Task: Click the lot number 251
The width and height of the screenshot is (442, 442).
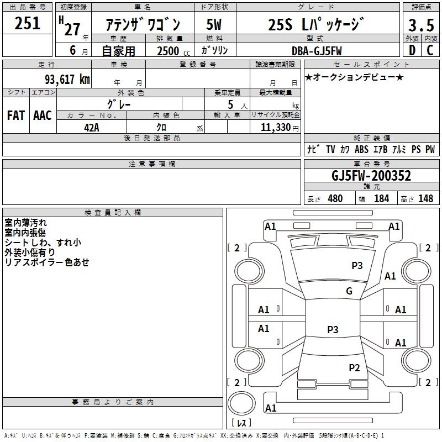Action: [x=27, y=23]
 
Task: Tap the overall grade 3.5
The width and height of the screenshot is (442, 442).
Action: [x=421, y=25]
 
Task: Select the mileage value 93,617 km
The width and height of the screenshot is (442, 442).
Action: [x=67, y=79]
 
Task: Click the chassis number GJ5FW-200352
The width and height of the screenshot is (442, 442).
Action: [x=371, y=175]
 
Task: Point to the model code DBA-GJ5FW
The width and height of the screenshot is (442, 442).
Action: [x=317, y=51]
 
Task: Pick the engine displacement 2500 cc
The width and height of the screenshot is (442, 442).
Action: [x=173, y=51]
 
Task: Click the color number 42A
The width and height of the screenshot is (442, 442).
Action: [x=92, y=128]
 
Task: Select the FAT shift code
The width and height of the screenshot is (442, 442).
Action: [x=16, y=115]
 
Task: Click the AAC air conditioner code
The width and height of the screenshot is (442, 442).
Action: [x=43, y=115]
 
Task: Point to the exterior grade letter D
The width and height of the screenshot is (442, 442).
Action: [x=412, y=50]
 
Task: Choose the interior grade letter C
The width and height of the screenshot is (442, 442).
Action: [x=430, y=50]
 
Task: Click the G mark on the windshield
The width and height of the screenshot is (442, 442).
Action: [x=349, y=291]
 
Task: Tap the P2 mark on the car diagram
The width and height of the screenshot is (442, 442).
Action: [x=354, y=367]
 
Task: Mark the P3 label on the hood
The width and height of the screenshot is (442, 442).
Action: [x=357, y=265]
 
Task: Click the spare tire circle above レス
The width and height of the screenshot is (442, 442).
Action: [x=241, y=403]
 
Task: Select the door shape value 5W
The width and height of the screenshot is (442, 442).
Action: [x=214, y=24]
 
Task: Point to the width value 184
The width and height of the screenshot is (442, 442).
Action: [x=381, y=198]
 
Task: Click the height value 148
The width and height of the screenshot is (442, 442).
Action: [x=425, y=198]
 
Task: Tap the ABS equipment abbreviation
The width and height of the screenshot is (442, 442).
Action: [x=361, y=149]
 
